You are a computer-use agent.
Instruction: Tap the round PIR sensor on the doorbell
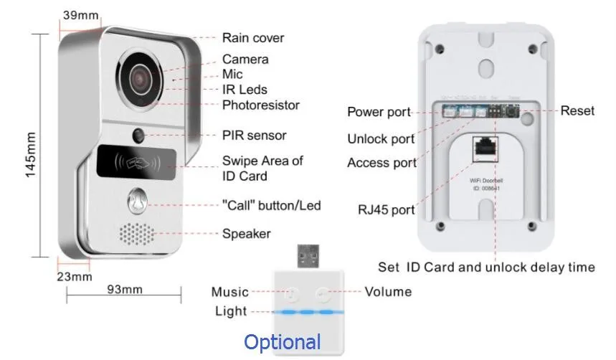click(139, 134)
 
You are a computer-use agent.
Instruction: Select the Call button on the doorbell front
click(137, 202)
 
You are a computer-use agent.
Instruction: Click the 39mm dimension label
click(80, 14)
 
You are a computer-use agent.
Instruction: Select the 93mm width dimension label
click(123, 289)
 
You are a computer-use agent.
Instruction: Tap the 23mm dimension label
click(75, 276)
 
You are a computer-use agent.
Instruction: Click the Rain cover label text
click(252, 38)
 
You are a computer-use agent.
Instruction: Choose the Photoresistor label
click(260, 105)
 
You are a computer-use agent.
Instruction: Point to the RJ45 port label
click(386, 210)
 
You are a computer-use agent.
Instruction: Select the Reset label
click(577, 110)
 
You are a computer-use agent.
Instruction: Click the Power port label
click(379, 112)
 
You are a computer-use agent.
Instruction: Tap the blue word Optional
click(283, 342)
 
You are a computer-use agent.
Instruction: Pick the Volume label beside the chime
click(388, 291)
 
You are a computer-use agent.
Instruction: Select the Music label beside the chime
click(229, 292)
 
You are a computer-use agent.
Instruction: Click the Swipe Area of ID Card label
click(262, 169)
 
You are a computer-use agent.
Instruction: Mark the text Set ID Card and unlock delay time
click(486, 267)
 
